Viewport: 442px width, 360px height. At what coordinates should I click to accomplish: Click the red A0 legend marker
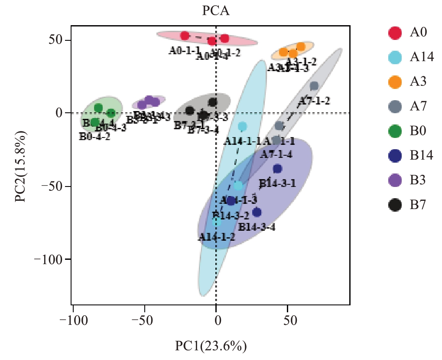(x=395, y=33)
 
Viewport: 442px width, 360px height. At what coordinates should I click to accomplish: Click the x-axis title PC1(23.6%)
(x=211, y=347)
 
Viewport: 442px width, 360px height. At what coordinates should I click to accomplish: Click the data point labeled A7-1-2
(x=314, y=86)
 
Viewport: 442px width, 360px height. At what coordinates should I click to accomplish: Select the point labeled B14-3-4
(x=257, y=212)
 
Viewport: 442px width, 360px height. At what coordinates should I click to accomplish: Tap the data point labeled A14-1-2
(x=216, y=222)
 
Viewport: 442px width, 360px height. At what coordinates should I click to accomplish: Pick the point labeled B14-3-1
(x=277, y=169)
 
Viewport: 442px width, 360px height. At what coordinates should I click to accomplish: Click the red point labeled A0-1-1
(x=185, y=36)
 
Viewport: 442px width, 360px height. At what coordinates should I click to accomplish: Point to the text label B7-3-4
(x=203, y=130)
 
